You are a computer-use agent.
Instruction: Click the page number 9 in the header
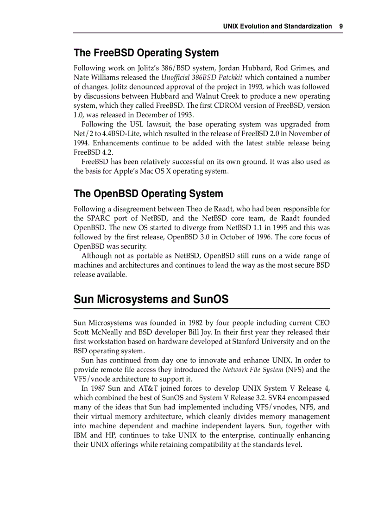(341, 26)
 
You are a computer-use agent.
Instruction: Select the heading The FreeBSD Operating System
(146, 53)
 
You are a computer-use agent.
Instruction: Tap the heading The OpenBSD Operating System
(148, 194)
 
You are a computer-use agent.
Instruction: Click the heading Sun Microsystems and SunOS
(151, 300)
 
